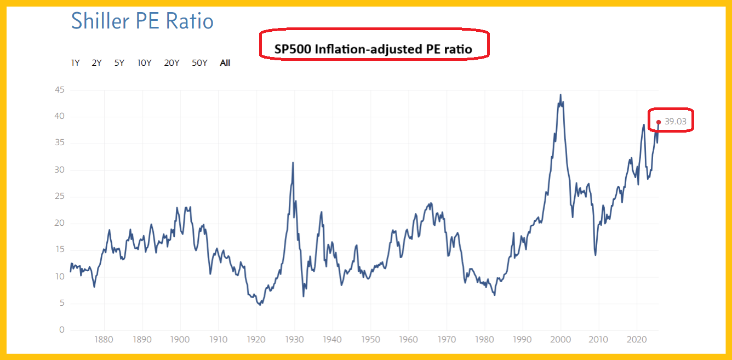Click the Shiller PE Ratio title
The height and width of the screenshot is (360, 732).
tap(142, 21)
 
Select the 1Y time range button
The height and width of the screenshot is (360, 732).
tap(76, 63)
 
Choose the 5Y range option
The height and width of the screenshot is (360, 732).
tap(119, 63)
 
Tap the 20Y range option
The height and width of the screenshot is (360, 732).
tap(171, 63)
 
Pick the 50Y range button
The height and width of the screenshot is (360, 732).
tap(199, 63)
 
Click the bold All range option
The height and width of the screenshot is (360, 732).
tap(225, 63)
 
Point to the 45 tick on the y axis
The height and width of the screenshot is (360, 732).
tap(59, 90)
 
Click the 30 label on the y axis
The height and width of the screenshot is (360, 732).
tap(59, 170)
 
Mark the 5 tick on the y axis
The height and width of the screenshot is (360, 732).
tap(61, 303)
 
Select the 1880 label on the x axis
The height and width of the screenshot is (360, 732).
tap(104, 339)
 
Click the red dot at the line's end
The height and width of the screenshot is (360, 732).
tap(658, 122)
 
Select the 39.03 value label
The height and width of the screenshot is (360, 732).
tap(676, 122)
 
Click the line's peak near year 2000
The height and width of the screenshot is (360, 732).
tap(560, 95)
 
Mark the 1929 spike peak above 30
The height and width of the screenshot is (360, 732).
tap(293, 163)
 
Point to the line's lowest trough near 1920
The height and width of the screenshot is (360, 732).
tap(260, 305)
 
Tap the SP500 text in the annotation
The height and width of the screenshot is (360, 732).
tap(293, 49)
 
